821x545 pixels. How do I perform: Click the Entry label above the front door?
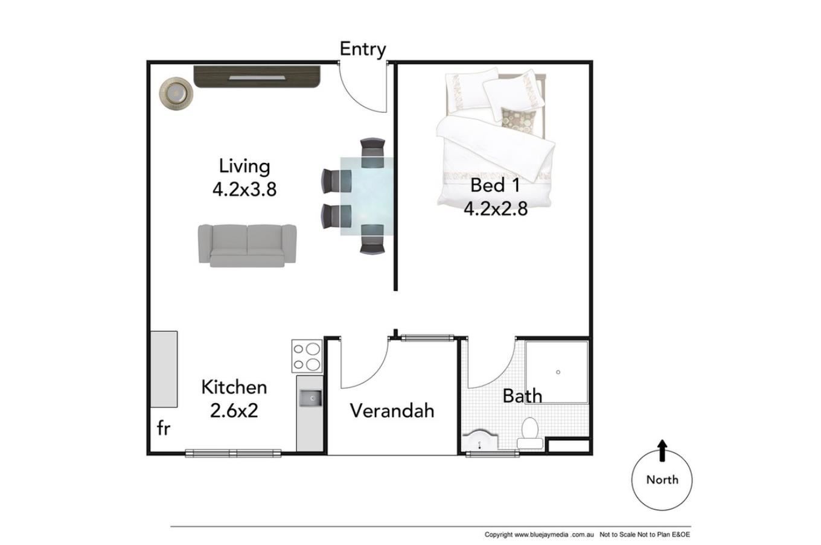pos(363,49)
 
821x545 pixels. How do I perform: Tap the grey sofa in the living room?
pos(248,246)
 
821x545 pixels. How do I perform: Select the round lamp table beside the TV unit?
pos(176,94)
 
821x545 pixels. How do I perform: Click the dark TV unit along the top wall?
pos(257,77)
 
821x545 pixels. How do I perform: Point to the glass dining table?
pos(367,196)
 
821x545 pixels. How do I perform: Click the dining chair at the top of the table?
pos(372,152)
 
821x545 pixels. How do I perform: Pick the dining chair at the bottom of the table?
pos(372,240)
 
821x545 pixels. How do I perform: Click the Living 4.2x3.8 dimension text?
pos(244,178)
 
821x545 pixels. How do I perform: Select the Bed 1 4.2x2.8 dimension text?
pos(496,197)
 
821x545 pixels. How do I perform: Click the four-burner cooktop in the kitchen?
pos(307,356)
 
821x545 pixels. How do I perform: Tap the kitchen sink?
pos(310,398)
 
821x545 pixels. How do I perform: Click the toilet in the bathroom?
pos(529,433)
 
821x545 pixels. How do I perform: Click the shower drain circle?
pos(558,372)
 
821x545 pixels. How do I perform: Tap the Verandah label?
pos(392,410)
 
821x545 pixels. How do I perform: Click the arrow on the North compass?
pos(662,450)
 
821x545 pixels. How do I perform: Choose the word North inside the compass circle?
pos(662,480)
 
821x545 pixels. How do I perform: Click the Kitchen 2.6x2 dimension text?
pos(234,399)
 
